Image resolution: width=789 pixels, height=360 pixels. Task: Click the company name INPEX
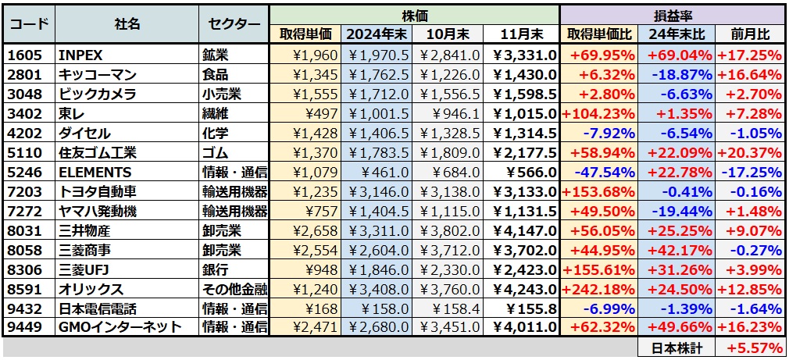pyautogui.click(x=81, y=55)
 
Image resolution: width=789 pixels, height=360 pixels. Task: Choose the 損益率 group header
pyautogui.click(x=672, y=15)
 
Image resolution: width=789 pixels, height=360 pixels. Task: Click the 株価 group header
pyautogui.click(x=414, y=15)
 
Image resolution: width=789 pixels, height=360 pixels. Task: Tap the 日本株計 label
pyautogui.click(x=676, y=348)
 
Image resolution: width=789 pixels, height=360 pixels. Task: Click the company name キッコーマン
pyautogui.click(x=98, y=74)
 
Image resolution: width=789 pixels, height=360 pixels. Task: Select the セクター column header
pyautogui.click(x=234, y=24)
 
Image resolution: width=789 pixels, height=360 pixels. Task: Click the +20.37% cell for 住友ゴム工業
pyautogui.click(x=750, y=152)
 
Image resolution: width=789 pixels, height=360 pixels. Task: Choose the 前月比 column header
pyautogui.click(x=750, y=34)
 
